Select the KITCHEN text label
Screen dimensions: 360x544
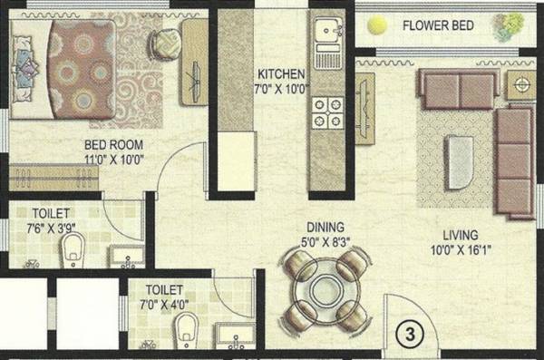(x=280, y=73)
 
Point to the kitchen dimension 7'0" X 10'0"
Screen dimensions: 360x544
(x=280, y=89)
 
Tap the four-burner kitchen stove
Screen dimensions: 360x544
(x=325, y=111)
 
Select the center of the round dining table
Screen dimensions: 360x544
(x=325, y=294)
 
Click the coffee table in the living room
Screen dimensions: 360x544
(x=461, y=161)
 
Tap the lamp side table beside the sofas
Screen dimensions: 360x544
(x=520, y=85)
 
